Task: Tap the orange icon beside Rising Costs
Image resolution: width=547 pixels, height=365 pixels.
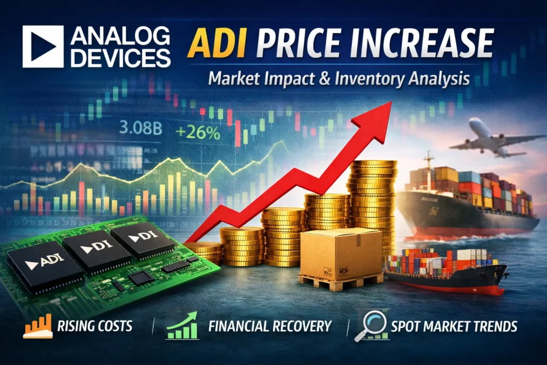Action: click(37, 326)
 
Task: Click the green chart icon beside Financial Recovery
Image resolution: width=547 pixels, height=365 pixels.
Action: click(182, 326)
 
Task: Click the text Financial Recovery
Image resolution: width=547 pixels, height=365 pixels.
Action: click(270, 326)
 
